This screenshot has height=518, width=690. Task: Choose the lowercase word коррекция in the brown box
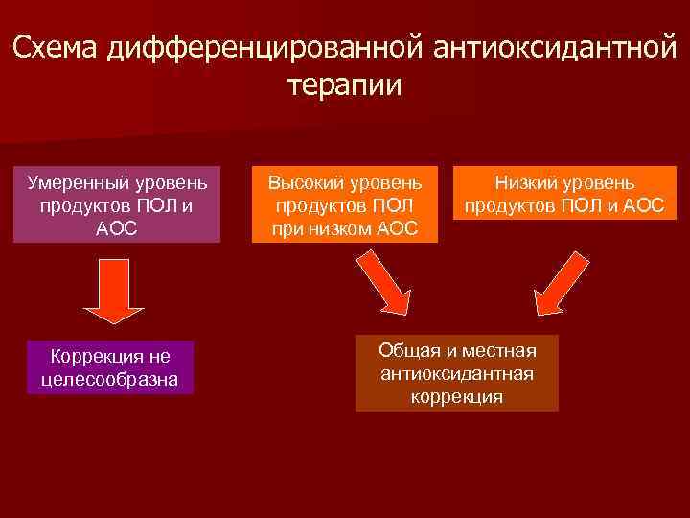[x=457, y=396]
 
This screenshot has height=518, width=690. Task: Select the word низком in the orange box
[x=346, y=229]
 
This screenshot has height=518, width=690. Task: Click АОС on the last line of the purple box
[x=117, y=229]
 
